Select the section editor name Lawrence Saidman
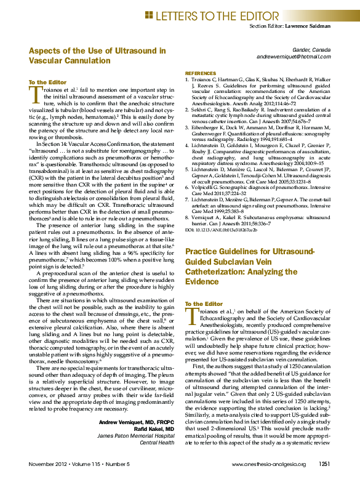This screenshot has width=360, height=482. [308, 26]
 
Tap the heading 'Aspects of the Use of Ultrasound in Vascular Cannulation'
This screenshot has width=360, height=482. [97, 55]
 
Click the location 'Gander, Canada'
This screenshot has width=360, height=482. [312, 49]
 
